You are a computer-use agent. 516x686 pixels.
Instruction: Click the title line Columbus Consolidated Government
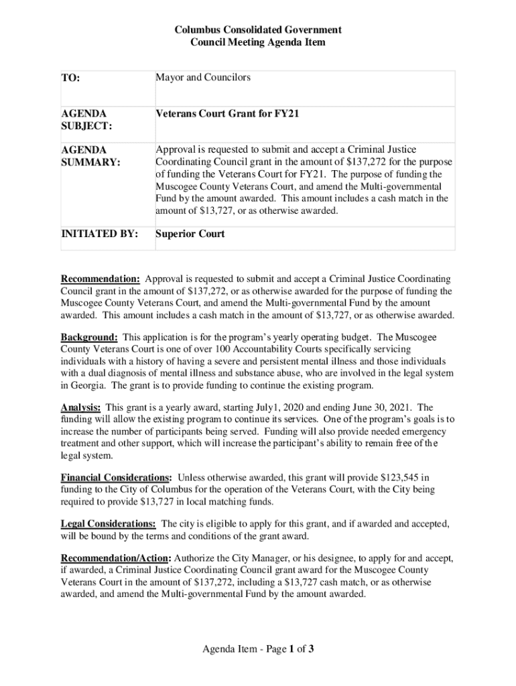(258, 30)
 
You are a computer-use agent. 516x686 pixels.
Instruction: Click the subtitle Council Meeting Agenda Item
(258, 42)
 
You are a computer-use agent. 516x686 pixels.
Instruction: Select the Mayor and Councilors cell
(203, 78)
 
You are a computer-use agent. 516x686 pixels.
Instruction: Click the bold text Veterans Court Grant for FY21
(227, 114)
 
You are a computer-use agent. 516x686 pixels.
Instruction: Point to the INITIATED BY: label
(100, 234)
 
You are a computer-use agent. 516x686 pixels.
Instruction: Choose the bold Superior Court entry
(190, 234)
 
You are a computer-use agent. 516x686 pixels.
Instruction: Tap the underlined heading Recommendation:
(101, 279)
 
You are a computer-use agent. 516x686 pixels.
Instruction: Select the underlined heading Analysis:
(81, 407)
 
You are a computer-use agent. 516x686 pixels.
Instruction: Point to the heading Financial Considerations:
(116, 478)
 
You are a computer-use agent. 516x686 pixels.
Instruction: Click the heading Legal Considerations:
(109, 523)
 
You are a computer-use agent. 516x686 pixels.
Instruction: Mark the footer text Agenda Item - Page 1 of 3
(258, 648)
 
